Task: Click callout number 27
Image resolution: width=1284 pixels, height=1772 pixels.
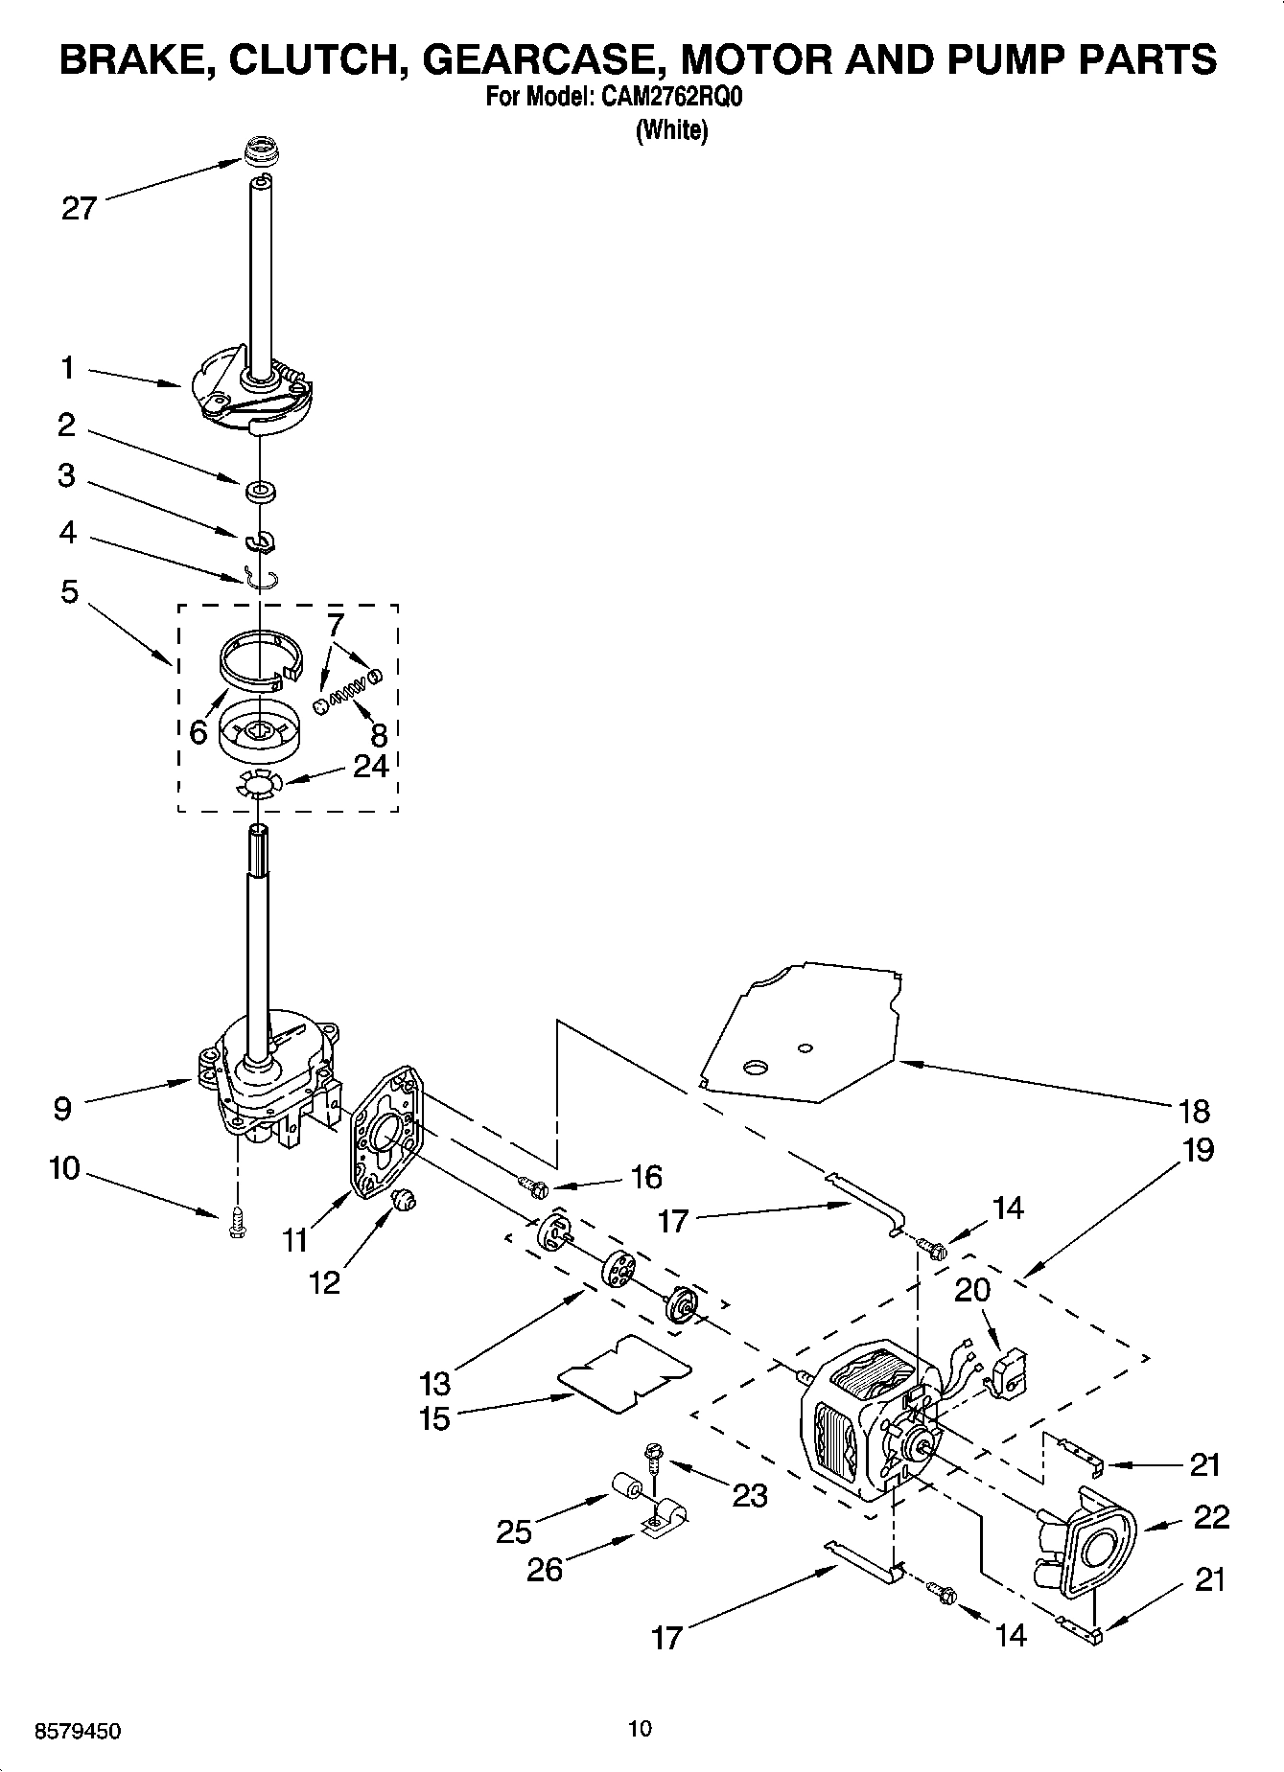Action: (x=79, y=208)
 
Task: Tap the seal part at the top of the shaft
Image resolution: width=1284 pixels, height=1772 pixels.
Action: (x=257, y=151)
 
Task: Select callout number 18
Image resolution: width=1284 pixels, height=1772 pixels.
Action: (x=1193, y=1111)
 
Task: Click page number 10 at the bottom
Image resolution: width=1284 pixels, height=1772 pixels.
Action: (x=640, y=1729)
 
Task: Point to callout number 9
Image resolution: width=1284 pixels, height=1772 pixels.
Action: (x=61, y=1109)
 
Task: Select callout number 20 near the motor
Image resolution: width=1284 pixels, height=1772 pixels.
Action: (x=971, y=1291)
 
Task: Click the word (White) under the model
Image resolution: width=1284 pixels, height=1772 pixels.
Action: (x=671, y=130)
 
